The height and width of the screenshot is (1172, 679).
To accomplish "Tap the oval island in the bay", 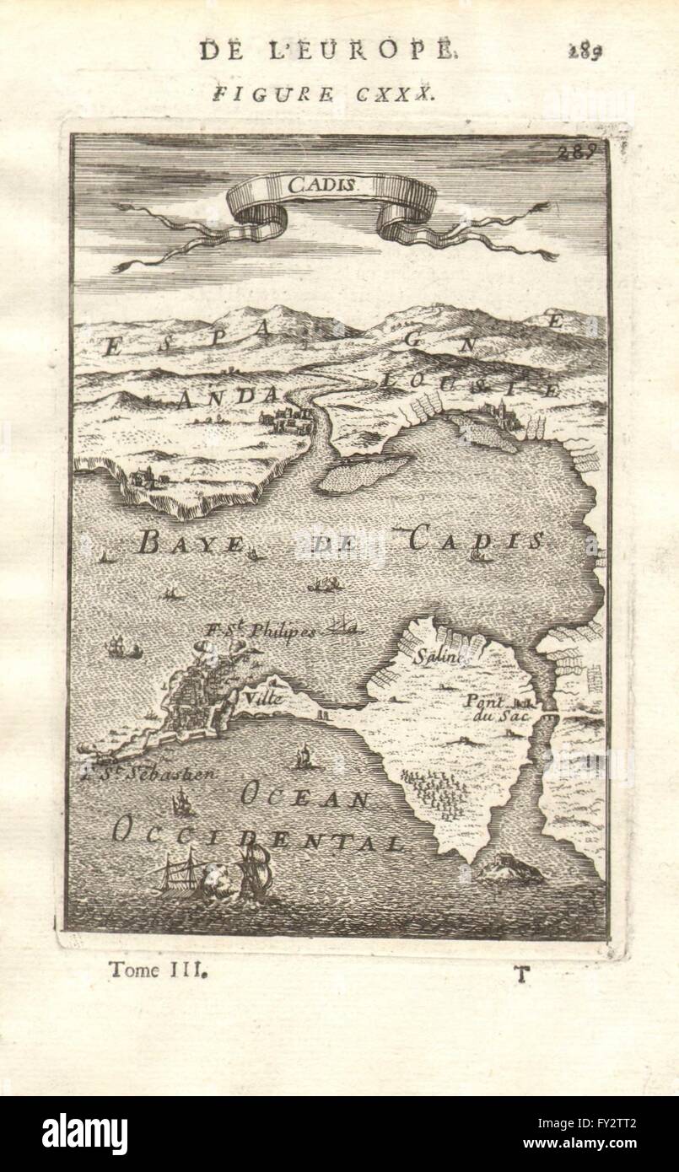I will pos(358,474).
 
